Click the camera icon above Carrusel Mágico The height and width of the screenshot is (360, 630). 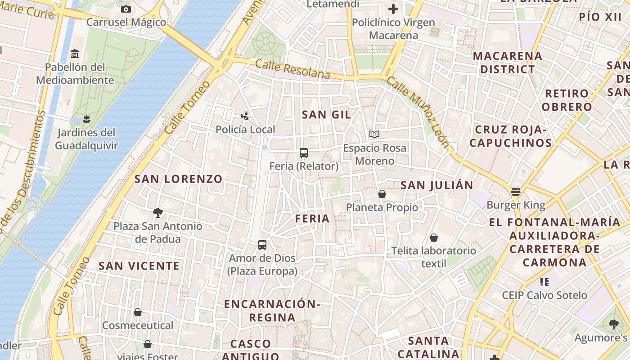click(126, 9)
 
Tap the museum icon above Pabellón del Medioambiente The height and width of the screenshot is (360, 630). click(75, 54)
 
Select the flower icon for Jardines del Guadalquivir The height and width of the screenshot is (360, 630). click(86, 119)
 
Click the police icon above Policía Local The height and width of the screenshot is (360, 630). click(245, 116)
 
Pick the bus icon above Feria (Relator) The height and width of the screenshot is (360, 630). click(304, 153)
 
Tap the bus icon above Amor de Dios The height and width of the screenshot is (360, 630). click(262, 245)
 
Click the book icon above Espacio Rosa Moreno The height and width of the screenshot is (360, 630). click(374, 134)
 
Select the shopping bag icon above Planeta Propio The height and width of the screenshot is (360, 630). click(382, 194)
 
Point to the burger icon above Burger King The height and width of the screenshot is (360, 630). click(516, 192)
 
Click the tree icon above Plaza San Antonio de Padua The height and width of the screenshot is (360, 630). click(157, 212)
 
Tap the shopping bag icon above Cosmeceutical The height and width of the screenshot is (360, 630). click(138, 312)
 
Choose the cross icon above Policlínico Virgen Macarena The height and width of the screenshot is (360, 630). click(393, 9)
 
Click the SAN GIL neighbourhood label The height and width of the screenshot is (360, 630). click(326, 115)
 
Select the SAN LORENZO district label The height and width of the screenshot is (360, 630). click(179, 179)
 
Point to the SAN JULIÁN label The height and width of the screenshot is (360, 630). click(437, 185)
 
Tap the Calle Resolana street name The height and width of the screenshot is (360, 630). click(292, 69)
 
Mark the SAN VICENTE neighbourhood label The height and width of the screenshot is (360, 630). click(139, 266)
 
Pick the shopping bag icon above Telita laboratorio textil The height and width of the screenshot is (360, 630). click(434, 238)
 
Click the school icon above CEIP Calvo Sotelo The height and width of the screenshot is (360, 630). click(544, 282)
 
